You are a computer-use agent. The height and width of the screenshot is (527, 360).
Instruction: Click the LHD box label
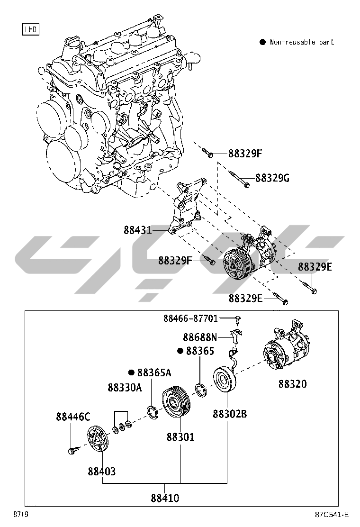[x=31, y=30]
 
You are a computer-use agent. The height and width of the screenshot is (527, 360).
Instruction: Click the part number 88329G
[x=272, y=178]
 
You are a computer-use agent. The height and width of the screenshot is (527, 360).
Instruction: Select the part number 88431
[x=138, y=230]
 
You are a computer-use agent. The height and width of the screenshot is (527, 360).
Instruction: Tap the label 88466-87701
[x=198, y=318]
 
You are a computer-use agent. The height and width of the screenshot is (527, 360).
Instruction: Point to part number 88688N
[x=200, y=337]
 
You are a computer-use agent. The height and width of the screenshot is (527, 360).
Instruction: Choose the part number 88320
[x=292, y=384]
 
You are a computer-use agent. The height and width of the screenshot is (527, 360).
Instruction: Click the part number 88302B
[x=229, y=414]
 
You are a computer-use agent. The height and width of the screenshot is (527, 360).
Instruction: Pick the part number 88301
[x=180, y=436]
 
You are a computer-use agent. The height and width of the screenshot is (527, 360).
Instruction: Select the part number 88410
[x=165, y=498]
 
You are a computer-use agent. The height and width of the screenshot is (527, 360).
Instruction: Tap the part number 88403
[x=101, y=471]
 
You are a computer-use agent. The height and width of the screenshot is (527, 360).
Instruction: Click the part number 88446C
[x=72, y=417]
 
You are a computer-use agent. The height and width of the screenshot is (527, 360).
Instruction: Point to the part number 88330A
[x=125, y=388]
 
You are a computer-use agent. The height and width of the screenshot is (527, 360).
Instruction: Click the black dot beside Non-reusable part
[x=262, y=42]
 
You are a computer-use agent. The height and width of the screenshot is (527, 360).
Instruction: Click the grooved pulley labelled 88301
[x=175, y=404]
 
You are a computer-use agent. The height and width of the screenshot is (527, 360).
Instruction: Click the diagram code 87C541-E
[x=331, y=515]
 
